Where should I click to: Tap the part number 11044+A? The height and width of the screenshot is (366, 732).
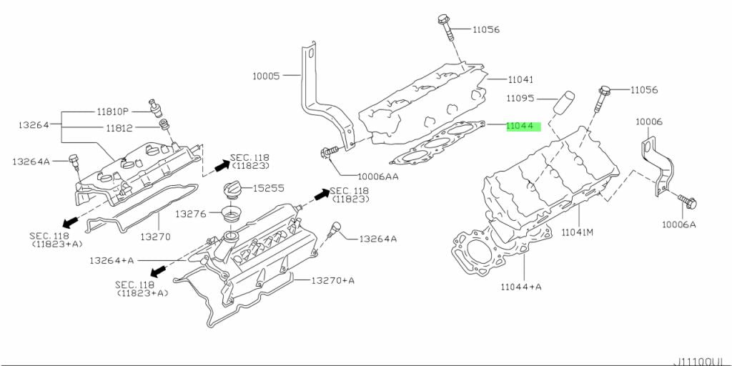(521, 286)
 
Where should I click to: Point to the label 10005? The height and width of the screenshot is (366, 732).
(266, 75)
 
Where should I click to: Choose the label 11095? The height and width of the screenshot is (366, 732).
(523, 97)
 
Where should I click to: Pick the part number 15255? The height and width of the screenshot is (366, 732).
(269, 189)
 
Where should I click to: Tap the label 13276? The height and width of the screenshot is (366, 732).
(191, 213)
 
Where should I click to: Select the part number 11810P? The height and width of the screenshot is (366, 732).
(113, 112)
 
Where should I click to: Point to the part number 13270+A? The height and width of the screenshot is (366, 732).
(332, 280)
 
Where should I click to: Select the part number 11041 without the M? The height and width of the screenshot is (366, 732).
(521, 79)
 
